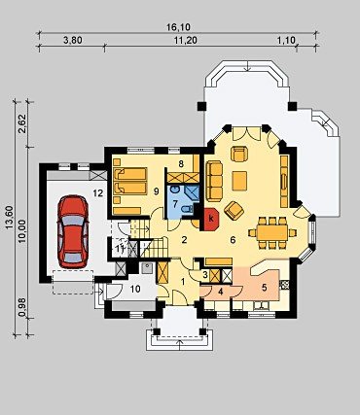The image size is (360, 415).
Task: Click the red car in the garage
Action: coord(73,231)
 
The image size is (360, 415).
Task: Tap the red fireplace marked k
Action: coord(211,220)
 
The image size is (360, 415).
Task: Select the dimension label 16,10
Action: coord(178,27)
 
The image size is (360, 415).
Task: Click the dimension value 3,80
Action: coord(73,40)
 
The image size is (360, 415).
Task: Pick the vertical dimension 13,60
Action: coord(10,218)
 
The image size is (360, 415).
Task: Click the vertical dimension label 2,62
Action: coord(22,123)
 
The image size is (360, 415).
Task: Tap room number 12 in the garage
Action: coord(98,193)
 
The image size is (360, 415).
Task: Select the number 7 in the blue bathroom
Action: coord(175,204)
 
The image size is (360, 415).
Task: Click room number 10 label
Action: coord(136,289)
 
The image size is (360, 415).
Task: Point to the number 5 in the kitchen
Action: coord(265,288)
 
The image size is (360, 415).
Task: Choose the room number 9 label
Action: coord(157,191)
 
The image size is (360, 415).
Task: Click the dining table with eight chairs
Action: coord(272,232)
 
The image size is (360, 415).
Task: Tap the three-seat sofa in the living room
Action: coord(214,180)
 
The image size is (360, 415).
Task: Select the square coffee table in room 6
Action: coord(239,181)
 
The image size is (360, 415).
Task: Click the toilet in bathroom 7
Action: coord(187,210)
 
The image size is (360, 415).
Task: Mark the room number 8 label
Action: coord(181,164)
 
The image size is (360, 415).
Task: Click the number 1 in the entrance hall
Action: coord(183,282)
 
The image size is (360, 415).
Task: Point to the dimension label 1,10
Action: coord(287,40)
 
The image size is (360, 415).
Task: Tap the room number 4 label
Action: coord(221,292)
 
